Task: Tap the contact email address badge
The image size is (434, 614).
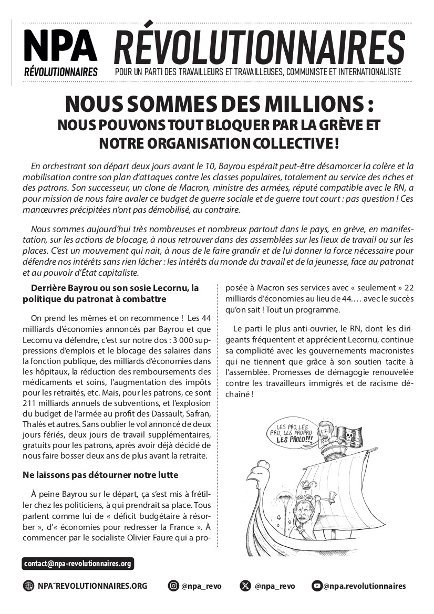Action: click(78, 564)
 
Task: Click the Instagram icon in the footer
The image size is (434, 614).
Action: click(173, 586)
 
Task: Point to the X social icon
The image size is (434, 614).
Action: click(245, 586)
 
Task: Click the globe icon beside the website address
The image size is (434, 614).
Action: click(28, 586)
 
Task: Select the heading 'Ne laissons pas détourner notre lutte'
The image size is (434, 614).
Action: click(100, 475)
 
